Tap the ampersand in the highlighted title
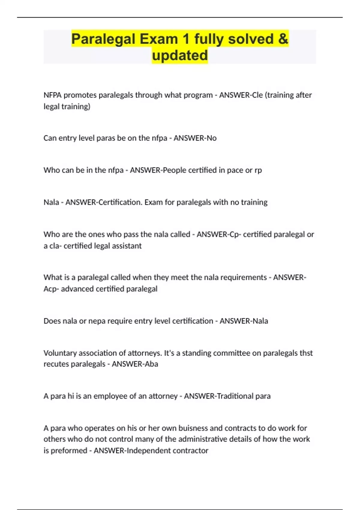click(283, 39)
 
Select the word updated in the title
click(180, 55)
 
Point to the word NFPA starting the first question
click(52, 95)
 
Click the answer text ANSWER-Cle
click(241, 95)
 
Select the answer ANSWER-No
click(195, 138)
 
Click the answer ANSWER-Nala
click(244, 321)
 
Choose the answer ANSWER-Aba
click(135, 364)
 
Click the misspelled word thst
click(306, 353)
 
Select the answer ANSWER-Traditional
click(219, 396)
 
